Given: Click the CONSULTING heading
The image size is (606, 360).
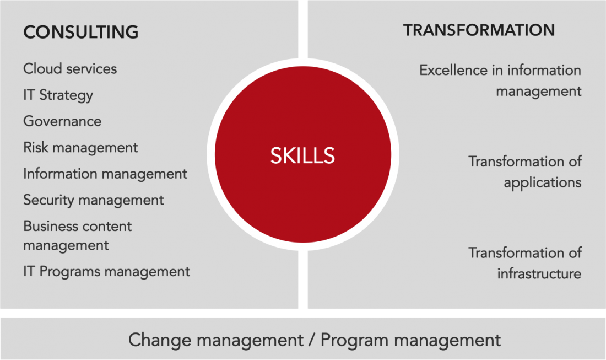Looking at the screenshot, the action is (x=81, y=32).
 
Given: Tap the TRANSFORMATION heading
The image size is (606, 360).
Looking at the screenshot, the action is (x=479, y=30).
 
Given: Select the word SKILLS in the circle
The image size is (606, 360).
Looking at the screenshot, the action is (x=302, y=155).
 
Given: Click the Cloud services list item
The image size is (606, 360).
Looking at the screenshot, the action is (x=70, y=69).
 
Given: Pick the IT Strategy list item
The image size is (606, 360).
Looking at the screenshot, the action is (x=58, y=95).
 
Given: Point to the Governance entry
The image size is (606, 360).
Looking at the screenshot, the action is (x=62, y=121).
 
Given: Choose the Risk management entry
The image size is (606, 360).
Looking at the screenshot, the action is (x=80, y=148).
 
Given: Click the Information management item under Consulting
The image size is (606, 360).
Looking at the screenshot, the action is (x=105, y=174).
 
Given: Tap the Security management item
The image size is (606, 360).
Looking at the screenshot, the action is (x=94, y=200).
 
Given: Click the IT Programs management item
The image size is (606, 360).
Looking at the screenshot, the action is (x=107, y=271).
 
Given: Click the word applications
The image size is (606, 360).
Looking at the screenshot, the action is (x=543, y=183).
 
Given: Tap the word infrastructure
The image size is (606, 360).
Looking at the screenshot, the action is (x=539, y=274).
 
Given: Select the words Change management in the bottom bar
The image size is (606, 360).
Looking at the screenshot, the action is (x=215, y=340).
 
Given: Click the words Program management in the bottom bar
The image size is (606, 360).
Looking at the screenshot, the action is (x=411, y=340).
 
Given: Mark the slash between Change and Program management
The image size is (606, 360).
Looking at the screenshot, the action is (x=312, y=340).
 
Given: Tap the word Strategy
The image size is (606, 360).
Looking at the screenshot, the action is (x=66, y=95).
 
